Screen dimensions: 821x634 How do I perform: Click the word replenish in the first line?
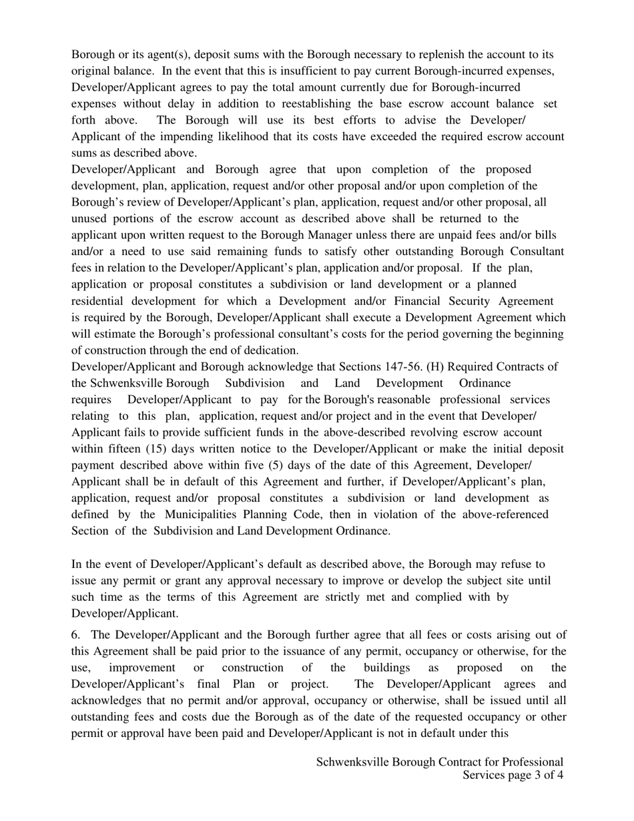431,55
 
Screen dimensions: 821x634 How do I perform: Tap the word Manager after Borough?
330,235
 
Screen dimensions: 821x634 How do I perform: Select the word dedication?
266,350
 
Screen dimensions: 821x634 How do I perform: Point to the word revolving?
378,433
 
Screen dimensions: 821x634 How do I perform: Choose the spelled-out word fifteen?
121,449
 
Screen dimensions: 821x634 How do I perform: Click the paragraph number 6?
75,635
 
